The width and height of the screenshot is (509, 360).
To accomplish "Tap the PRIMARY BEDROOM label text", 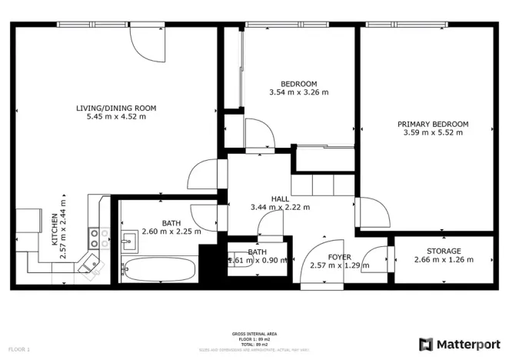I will click(433, 124).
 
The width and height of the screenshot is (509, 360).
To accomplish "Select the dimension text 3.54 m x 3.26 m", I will click(298, 92).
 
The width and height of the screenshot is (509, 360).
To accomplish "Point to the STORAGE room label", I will click(444, 251).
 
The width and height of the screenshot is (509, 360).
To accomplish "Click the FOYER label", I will click(339, 257).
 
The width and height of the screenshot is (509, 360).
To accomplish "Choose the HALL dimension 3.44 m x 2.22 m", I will click(280, 207).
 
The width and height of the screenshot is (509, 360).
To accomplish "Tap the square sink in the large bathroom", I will click(129, 242).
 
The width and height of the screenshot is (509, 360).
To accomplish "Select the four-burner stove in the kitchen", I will click(98, 238).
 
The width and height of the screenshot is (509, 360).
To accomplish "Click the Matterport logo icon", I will click(426, 344).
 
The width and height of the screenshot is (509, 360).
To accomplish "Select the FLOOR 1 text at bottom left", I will click(18, 349).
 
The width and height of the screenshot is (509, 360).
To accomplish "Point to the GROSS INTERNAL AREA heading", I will click(254, 334).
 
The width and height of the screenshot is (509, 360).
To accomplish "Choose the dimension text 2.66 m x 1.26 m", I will click(444, 260).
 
